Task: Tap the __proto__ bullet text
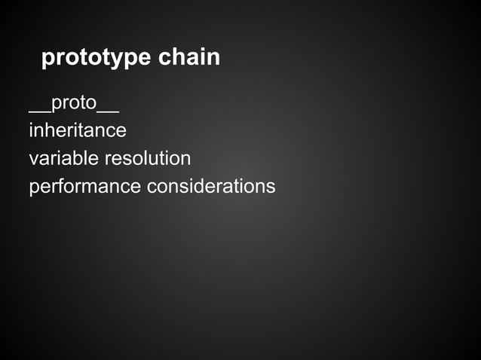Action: [74, 103]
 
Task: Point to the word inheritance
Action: [77, 130]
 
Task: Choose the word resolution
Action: [147, 158]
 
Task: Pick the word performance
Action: [84, 186]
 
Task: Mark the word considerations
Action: [211, 185]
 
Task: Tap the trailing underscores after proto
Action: [108, 111]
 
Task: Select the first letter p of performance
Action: [34, 188]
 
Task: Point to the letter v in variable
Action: [33, 160]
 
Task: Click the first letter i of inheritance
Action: [31, 130]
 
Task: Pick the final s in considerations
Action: [271, 187]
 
